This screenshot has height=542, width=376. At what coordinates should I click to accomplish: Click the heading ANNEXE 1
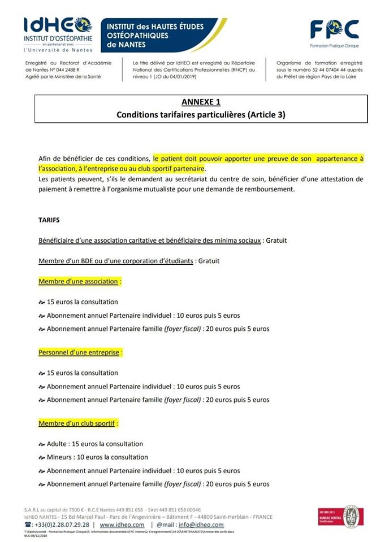pyautogui.click(x=201, y=102)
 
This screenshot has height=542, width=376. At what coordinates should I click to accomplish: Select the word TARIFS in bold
pyautogui.click(x=49, y=220)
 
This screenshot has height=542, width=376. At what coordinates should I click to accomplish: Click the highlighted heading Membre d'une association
pyautogui.click(x=79, y=281)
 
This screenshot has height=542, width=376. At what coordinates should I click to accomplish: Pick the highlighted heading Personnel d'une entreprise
pyautogui.click(x=79, y=352)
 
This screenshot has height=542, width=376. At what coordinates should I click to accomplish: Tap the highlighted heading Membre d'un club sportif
pyautogui.click(x=79, y=423)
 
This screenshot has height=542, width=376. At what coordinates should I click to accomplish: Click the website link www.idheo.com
pyautogui.click(x=122, y=524)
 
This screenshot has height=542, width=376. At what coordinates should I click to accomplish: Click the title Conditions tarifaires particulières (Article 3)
pyautogui.click(x=201, y=115)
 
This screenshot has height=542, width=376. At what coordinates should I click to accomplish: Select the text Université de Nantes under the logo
pyautogui.click(x=58, y=50)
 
